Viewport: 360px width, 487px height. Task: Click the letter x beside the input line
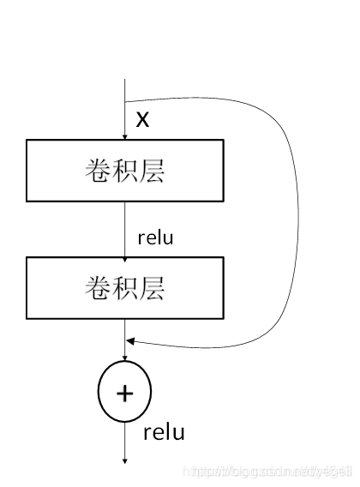click(143, 118)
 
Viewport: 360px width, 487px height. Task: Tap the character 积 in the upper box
click(126, 171)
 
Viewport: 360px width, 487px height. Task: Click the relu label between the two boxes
click(155, 237)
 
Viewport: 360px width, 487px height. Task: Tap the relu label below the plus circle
click(164, 431)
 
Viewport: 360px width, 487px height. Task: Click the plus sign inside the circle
click(125, 393)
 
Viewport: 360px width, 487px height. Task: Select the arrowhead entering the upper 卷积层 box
click(125, 135)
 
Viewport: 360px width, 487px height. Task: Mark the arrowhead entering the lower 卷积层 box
click(125, 253)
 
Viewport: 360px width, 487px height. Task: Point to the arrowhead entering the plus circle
click(125, 359)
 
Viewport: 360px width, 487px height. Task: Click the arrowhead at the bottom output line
click(125, 460)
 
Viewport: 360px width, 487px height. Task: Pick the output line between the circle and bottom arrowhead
click(125, 439)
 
